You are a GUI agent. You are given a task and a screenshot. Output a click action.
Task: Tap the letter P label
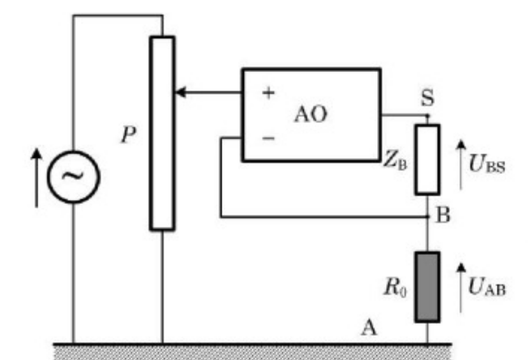[x=129, y=135]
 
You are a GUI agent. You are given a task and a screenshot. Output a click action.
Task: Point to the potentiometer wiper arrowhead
[x=180, y=92]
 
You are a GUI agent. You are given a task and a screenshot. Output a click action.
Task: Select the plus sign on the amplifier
[x=269, y=93]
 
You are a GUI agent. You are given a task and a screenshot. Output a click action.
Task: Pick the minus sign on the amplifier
[x=269, y=137]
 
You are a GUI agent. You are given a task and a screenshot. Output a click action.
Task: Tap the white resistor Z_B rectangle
[x=427, y=159]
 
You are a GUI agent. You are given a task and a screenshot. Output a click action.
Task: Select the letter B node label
[x=444, y=215]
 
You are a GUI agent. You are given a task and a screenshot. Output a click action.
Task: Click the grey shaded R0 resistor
[x=427, y=287]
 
